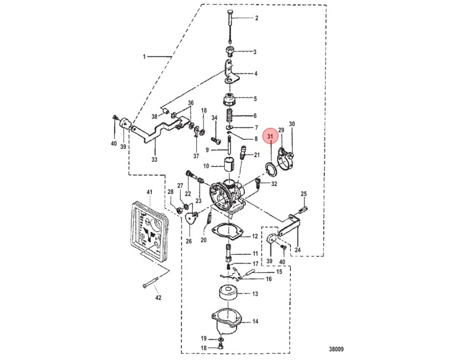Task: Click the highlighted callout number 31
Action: click(x=270, y=136)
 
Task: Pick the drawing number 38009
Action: click(x=336, y=349)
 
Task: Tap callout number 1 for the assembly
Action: click(x=144, y=56)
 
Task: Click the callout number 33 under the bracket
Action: click(x=154, y=160)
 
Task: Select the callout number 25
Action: click(x=304, y=194)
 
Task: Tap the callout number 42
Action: click(x=158, y=297)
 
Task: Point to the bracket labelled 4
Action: click(x=231, y=71)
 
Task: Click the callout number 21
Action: click(x=257, y=155)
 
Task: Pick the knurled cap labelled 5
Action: click(x=229, y=101)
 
